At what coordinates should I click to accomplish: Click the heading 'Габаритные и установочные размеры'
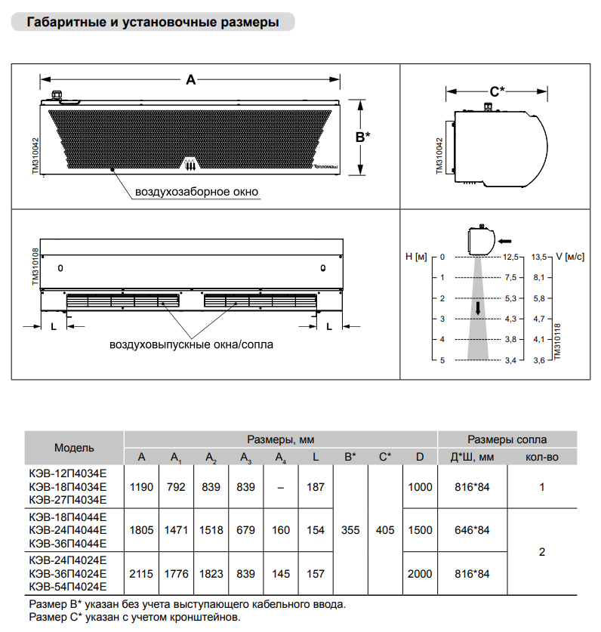point(153,23)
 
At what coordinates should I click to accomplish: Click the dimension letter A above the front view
point(190,79)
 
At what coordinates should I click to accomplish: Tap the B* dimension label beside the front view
point(362,137)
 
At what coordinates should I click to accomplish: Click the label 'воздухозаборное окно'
point(196,192)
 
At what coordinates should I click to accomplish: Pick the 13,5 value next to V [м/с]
point(539,257)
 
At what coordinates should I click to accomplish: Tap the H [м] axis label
point(416,257)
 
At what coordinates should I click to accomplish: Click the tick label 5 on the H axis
point(443,360)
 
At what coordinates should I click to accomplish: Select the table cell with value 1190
point(141,487)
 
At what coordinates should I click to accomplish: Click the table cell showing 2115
point(141,574)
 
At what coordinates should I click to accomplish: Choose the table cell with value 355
point(350,530)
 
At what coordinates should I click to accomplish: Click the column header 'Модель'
point(74,448)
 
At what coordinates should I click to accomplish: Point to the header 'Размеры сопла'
point(507,439)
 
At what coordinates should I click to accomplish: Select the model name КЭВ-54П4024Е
point(68,586)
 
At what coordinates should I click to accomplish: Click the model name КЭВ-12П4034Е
point(68,475)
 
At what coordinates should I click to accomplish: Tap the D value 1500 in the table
point(420,530)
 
